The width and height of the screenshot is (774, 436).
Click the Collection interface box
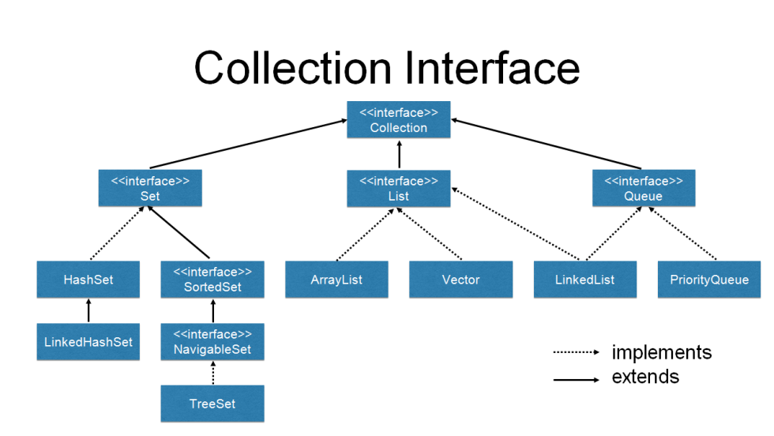click(x=399, y=119)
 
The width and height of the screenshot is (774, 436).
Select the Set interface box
click(x=149, y=188)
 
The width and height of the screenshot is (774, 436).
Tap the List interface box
click(x=399, y=188)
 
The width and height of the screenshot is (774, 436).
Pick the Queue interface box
click(x=644, y=188)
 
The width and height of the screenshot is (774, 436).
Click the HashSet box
click(x=88, y=280)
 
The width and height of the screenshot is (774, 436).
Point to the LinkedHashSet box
click(x=88, y=342)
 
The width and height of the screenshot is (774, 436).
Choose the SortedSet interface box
click(x=212, y=280)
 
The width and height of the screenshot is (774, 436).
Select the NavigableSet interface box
click(x=212, y=342)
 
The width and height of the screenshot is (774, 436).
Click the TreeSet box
click(x=212, y=404)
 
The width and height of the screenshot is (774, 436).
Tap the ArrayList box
click(x=336, y=280)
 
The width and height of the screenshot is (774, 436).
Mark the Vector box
click(x=460, y=280)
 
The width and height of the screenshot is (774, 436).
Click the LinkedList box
click(x=585, y=280)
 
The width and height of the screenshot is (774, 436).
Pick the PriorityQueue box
click(x=709, y=280)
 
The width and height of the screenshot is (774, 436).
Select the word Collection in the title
click(x=295, y=68)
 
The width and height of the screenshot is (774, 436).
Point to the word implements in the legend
click(x=661, y=352)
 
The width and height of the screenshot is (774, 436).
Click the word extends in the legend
click(x=645, y=377)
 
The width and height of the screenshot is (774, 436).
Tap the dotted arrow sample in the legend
click(x=576, y=352)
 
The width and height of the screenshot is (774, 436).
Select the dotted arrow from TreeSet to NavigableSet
click(x=212, y=374)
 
